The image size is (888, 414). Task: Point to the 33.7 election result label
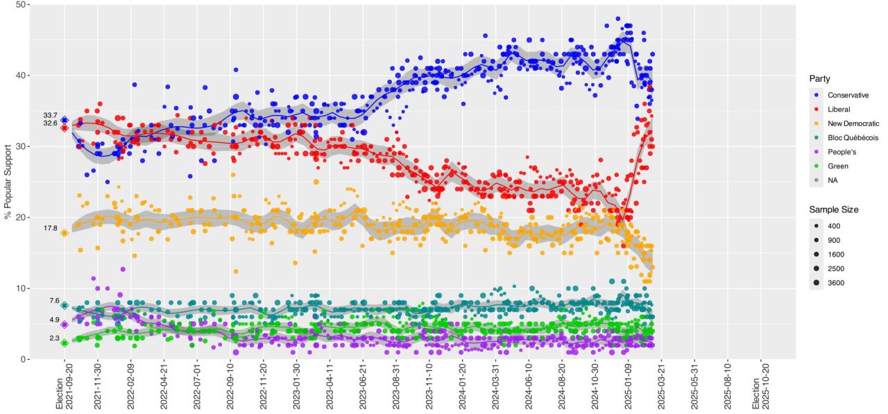point(50,115)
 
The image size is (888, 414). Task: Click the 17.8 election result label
point(50,229)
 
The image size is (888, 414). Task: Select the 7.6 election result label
point(54,301)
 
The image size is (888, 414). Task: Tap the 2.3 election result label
point(54,338)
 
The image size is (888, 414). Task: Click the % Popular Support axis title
point(8,182)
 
